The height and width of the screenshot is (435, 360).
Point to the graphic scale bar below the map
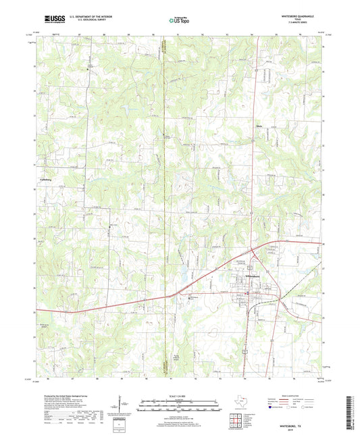click(180, 405)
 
